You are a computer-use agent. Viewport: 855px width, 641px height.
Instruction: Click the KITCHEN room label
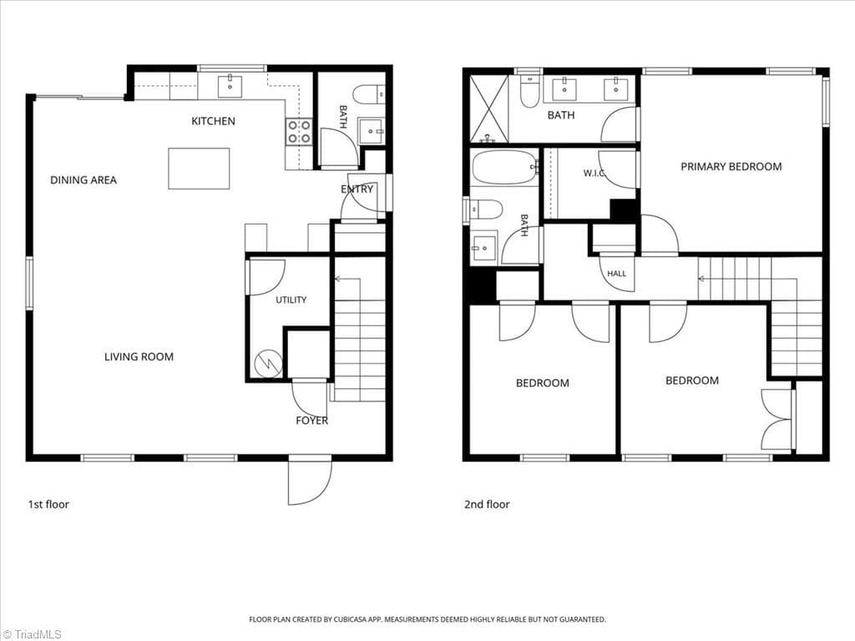click(213, 121)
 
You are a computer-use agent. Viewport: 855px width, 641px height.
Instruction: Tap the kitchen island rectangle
click(199, 169)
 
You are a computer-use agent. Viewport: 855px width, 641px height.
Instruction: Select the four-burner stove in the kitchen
click(299, 132)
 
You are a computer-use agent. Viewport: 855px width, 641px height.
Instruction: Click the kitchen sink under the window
click(230, 86)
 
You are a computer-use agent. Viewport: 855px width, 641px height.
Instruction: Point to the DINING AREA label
click(83, 180)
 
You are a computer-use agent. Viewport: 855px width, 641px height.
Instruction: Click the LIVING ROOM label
click(139, 357)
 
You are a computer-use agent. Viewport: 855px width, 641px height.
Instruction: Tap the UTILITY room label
click(291, 300)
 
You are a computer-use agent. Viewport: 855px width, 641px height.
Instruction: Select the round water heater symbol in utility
click(268, 362)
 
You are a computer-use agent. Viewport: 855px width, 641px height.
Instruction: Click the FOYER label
click(312, 421)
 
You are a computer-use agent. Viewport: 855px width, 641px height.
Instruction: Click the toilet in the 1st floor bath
click(368, 95)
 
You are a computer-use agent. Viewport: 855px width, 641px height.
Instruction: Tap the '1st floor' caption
click(48, 504)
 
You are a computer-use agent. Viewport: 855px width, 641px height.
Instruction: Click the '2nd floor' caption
click(487, 504)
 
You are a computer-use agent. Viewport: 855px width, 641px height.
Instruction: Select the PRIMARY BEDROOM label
click(731, 166)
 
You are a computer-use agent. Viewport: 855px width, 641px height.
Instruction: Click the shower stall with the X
click(489, 109)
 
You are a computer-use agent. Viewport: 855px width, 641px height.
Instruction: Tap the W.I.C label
click(594, 173)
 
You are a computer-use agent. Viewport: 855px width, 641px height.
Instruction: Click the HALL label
click(617, 274)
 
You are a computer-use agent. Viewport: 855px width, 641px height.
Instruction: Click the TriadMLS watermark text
click(31, 634)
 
